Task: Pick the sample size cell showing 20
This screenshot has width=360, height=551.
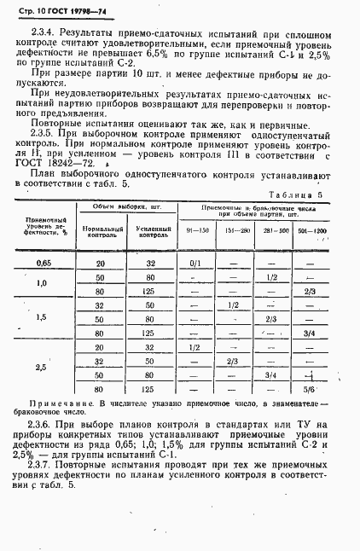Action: point(101,264)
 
